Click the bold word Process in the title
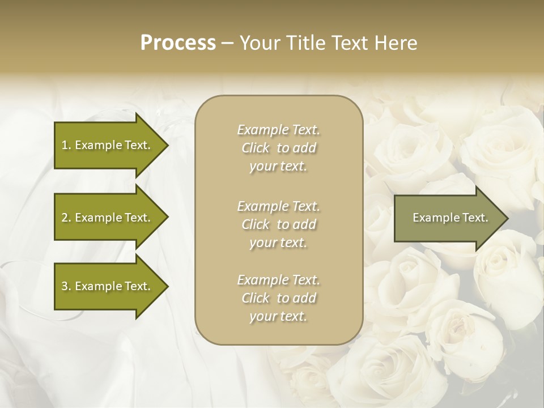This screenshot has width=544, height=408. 178,43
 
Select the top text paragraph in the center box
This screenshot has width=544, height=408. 278,148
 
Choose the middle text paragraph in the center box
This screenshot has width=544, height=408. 278,224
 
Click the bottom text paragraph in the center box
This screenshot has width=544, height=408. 278,298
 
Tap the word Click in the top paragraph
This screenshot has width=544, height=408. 256,148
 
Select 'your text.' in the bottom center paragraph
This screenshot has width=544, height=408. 278,316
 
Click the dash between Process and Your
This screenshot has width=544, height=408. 227,43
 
